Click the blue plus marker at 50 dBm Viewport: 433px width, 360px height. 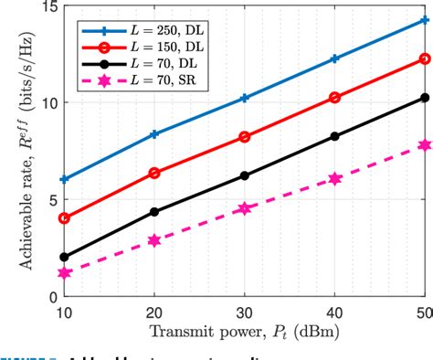(x=425, y=19)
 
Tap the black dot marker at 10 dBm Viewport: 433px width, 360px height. (x=63, y=257)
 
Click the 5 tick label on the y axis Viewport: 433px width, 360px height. (x=52, y=200)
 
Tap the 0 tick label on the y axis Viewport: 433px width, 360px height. (x=52, y=297)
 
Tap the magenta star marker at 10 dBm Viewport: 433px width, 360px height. (x=63, y=273)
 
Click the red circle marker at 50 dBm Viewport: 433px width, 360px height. (x=425, y=58)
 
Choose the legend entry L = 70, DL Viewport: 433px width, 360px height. (x=137, y=67)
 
